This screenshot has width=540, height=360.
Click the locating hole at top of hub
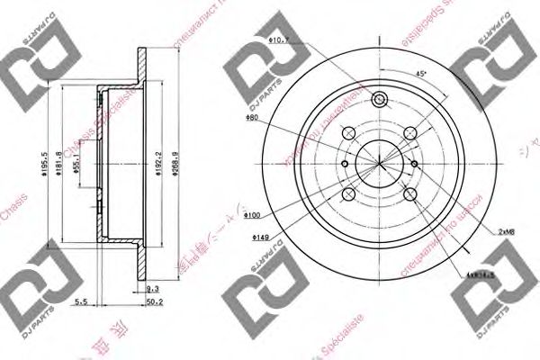(379, 100)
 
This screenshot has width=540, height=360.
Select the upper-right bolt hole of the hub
(410, 132)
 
